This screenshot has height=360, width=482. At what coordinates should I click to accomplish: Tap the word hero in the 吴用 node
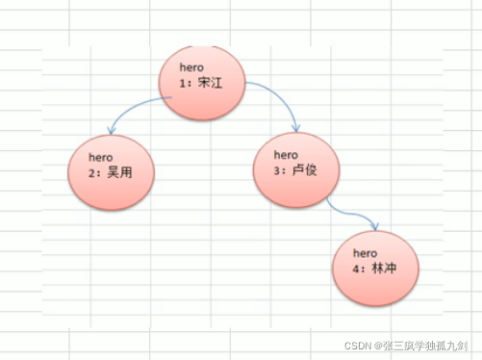coord(101,156)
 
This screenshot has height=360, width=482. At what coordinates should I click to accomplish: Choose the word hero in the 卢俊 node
coord(287,154)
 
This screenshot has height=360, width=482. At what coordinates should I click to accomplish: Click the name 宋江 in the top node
coord(211,84)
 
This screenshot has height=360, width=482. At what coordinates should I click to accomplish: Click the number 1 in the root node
coord(182,84)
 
